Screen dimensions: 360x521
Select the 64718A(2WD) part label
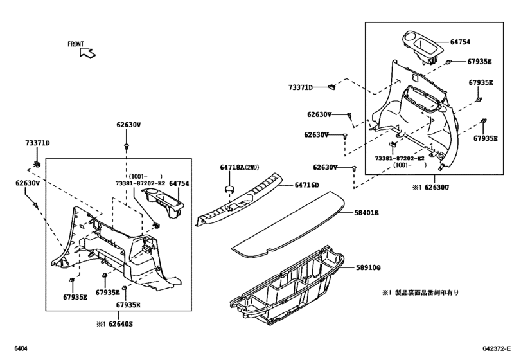point(238,168)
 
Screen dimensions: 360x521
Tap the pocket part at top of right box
point(423,46)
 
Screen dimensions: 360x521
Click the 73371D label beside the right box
point(300,87)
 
